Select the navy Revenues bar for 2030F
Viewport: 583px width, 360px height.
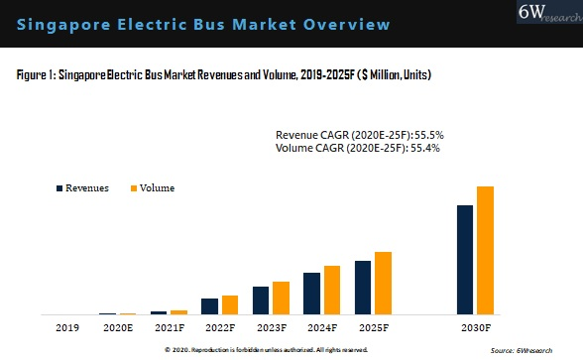(x=464, y=259)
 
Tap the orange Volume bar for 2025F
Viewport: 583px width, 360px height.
(x=383, y=283)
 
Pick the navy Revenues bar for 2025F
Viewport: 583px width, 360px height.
(x=363, y=288)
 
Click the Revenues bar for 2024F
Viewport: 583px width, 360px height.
(x=311, y=293)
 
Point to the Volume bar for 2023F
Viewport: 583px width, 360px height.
(x=281, y=298)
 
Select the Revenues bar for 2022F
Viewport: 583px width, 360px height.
(x=209, y=305)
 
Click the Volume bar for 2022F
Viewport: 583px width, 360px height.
(x=229, y=304)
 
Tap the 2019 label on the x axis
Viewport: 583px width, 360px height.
(x=67, y=326)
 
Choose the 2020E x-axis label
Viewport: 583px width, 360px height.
(x=118, y=326)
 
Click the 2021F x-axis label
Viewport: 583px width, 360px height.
(x=170, y=326)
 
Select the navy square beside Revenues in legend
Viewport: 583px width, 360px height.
(x=58, y=187)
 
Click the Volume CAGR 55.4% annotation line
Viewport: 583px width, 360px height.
(x=356, y=148)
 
